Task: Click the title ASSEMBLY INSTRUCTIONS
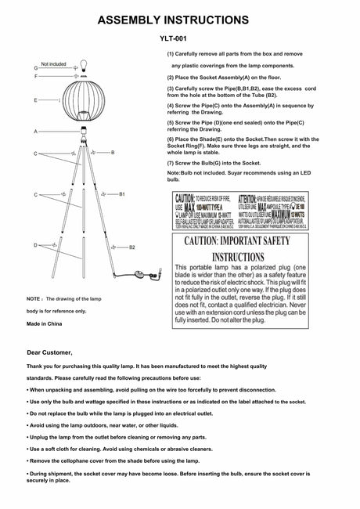tap(179, 20)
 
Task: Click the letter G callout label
tap(36, 69)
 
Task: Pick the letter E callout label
tap(36, 101)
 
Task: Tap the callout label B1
tap(122, 193)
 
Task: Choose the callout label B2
tap(132, 247)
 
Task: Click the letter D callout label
tap(36, 245)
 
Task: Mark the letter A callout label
tap(36, 132)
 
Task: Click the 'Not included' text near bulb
tap(53, 63)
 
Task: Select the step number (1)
tap(171, 53)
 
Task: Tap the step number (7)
tap(171, 161)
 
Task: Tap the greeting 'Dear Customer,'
tap(49, 353)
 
